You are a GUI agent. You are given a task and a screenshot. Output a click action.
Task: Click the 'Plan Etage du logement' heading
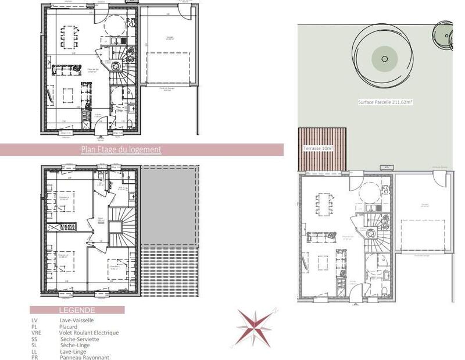click(x=121, y=149)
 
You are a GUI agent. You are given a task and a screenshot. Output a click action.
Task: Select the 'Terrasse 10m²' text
click(x=319, y=149)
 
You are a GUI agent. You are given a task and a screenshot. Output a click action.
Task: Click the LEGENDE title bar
click(x=78, y=311)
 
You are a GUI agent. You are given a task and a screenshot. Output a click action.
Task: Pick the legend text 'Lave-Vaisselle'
click(x=77, y=320)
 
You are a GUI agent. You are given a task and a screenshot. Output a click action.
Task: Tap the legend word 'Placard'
click(x=70, y=326)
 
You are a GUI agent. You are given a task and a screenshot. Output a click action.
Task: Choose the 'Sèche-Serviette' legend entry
click(x=80, y=339)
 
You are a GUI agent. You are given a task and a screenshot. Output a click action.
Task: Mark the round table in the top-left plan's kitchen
click(x=114, y=26)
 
